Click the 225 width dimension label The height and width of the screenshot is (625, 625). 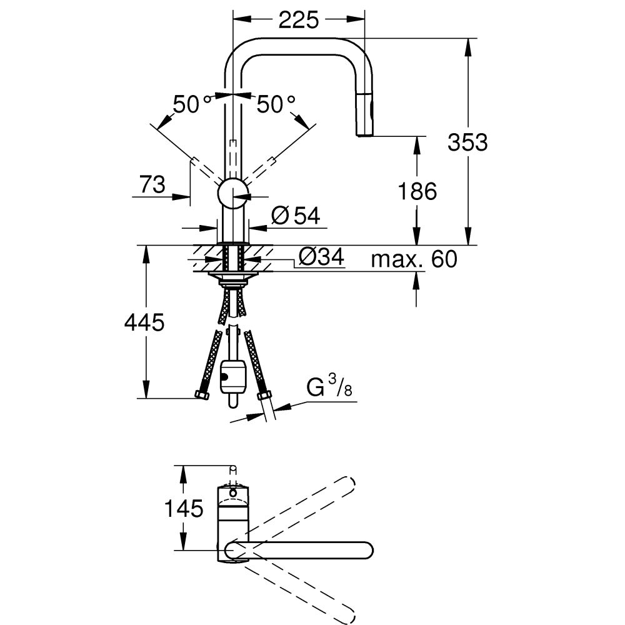[298, 20]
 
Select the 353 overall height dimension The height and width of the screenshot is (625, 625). [467, 142]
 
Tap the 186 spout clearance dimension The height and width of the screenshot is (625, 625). [417, 191]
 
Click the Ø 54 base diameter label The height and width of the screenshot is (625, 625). [296, 216]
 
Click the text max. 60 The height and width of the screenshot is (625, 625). [414, 259]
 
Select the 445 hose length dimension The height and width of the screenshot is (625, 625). [144, 322]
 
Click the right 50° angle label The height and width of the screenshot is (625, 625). [276, 104]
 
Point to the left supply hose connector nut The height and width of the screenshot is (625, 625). [202, 394]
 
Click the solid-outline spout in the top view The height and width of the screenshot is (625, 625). [300, 551]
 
